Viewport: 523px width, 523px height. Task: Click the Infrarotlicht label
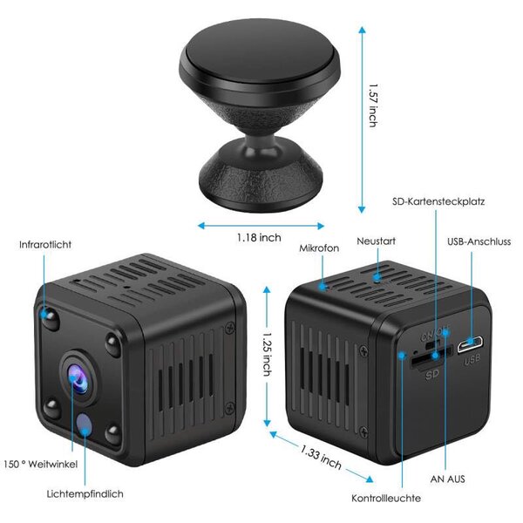point(46,245)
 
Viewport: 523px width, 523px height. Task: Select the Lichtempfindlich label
point(85,494)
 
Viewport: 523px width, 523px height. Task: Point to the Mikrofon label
point(319,248)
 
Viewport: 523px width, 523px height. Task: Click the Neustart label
point(377,240)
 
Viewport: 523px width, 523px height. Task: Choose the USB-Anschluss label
point(479,241)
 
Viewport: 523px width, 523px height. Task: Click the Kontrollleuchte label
point(386,498)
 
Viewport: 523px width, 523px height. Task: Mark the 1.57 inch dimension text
point(372,105)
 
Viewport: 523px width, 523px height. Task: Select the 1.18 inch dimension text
point(259,237)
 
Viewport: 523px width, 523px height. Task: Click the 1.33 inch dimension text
point(320,458)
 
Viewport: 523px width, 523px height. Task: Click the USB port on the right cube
point(474,343)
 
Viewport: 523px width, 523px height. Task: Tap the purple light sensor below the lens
point(85,425)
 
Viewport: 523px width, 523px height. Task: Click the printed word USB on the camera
point(473,359)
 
